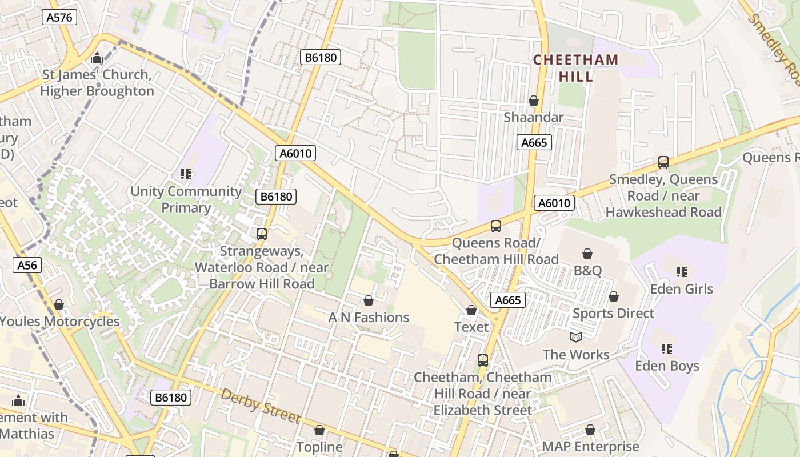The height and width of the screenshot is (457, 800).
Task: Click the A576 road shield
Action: point(59,17)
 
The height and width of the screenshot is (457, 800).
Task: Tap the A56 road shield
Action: point(27,264)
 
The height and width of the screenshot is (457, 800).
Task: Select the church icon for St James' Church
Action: point(97,58)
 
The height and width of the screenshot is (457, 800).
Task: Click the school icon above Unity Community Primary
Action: point(185,174)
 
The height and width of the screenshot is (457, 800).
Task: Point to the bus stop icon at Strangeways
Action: point(262,234)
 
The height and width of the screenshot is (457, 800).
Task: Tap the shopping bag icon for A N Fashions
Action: point(369,300)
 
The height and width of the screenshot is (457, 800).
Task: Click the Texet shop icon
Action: point(471,310)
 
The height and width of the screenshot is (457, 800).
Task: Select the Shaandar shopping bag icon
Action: point(534,101)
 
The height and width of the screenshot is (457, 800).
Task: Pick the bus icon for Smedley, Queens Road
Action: point(663,162)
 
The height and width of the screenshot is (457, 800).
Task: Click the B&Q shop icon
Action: point(587,254)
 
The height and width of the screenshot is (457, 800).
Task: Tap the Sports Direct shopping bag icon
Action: point(613,296)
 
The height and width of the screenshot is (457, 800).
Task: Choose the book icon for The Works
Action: point(576,338)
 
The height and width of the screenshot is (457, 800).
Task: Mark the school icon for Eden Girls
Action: point(681,272)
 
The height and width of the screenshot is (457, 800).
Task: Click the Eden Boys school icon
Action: point(666,348)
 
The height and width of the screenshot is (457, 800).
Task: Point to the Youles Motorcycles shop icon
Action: point(58,304)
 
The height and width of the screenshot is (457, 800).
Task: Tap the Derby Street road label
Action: point(261,406)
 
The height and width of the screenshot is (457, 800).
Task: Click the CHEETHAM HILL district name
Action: point(575,67)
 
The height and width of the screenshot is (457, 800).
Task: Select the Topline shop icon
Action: point(319,430)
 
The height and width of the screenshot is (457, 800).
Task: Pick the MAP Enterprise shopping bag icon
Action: point(590,430)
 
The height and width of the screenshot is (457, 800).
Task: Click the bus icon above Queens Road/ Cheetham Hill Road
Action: point(495,226)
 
